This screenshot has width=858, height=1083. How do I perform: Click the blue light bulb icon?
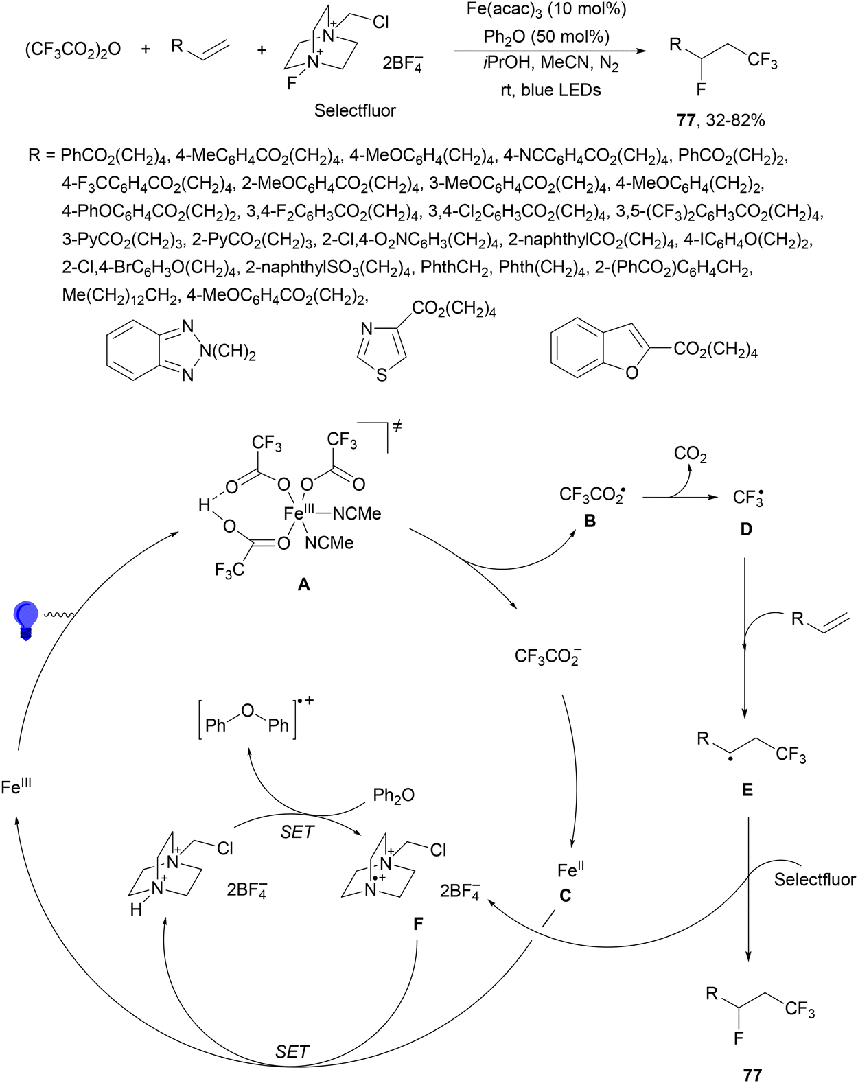(x=26, y=620)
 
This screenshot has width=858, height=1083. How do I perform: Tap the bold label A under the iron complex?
(x=303, y=584)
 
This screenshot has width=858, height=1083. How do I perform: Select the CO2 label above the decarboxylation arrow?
(x=691, y=454)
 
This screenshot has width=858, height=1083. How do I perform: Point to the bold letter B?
(x=590, y=522)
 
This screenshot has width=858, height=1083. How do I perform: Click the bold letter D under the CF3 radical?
(x=745, y=529)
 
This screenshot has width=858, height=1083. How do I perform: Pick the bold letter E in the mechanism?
(x=747, y=790)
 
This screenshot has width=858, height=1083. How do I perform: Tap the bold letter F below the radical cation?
(x=418, y=924)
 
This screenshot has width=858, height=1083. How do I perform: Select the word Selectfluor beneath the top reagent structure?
(x=355, y=110)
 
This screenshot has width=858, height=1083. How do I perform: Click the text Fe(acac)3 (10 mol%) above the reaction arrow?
(x=546, y=10)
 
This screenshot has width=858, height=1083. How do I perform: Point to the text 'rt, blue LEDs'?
(x=551, y=90)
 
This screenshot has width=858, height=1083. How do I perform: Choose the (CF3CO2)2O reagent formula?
(x=73, y=50)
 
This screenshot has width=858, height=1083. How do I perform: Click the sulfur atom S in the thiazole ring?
(x=381, y=375)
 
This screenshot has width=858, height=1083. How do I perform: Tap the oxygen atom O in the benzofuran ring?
(x=631, y=373)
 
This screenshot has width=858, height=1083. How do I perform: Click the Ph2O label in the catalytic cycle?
(x=394, y=795)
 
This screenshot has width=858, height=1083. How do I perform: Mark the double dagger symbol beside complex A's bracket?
(x=397, y=426)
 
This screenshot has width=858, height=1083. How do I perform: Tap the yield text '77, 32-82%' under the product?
(x=721, y=120)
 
